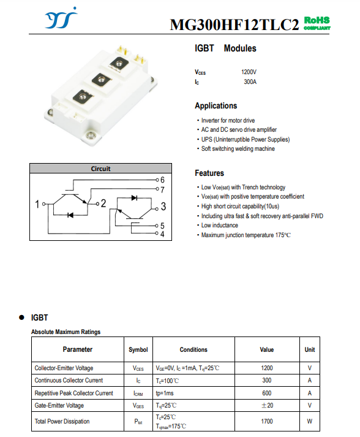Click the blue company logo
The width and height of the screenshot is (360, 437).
point(61,18)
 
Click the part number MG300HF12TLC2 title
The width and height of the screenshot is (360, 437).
point(234,25)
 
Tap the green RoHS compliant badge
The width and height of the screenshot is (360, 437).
point(317,23)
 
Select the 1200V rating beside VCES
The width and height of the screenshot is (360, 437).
point(249,72)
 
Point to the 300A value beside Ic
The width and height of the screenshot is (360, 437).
point(250,82)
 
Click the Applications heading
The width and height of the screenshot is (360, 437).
point(216,105)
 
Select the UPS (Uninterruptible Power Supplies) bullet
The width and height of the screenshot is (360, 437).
point(243,139)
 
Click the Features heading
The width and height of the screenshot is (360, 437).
point(209,173)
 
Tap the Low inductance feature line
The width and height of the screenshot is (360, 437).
point(217,225)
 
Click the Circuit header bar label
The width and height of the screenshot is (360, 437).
point(100,169)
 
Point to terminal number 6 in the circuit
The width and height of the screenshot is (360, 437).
point(162,180)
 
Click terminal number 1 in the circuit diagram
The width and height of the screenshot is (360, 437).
point(37,204)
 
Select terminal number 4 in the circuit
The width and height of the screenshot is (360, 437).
point(162,234)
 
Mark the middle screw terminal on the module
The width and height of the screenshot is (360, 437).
point(101,80)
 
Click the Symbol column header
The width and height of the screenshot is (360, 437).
point(138,349)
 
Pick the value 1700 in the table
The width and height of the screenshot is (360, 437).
point(267,421)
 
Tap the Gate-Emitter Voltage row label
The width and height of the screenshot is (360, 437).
point(59,406)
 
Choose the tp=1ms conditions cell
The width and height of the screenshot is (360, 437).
point(165,393)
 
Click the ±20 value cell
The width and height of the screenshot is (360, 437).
point(267,405)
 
